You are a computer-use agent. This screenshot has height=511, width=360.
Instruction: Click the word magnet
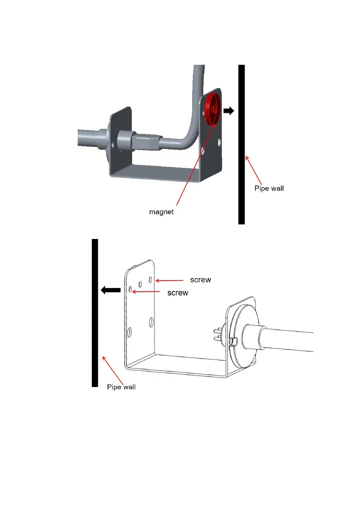pyautogui.click(x=162, y=212)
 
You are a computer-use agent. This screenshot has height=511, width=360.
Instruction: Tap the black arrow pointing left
pyautogui.click(x=110, y=290)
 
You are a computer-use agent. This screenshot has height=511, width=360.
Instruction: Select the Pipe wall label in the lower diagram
pyautogui.click(x=121, y=387)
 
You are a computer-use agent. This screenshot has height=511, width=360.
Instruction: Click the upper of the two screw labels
pyautogui.click(x=200, y=280)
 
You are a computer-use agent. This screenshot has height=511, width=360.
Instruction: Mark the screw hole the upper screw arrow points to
pyautogui.click(x=150, y=280)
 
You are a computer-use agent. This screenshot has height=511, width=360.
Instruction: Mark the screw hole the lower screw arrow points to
pyautogui.click(x=130, y=290)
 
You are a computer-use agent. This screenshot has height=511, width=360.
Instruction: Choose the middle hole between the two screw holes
pyautogui.click(x=140, y=284)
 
